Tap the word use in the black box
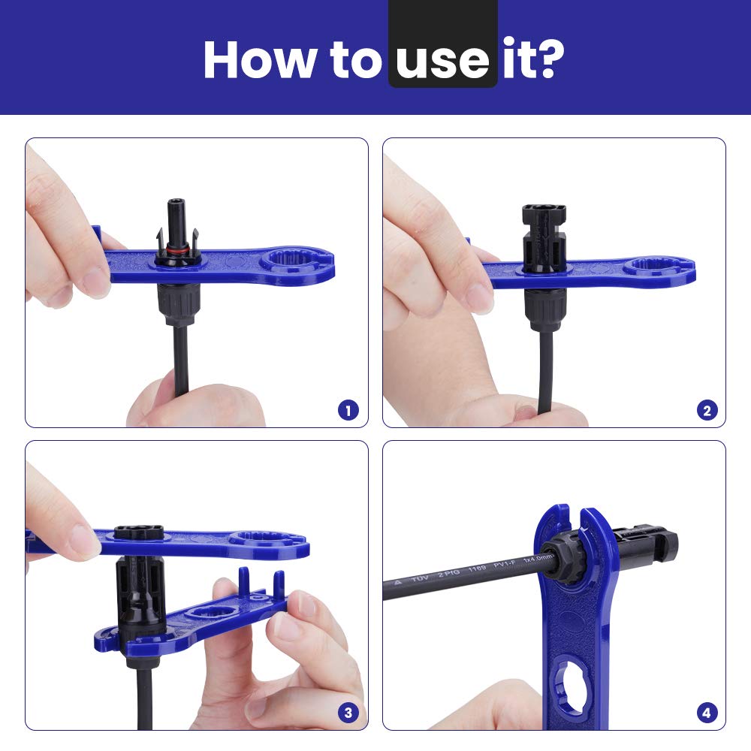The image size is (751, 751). pos(443,59)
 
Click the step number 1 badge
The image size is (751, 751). pos(348,410)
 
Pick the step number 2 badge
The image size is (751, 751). pos(706,410)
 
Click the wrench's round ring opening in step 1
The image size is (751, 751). pos(289,264)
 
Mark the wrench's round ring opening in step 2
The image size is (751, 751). pos(650,267)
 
